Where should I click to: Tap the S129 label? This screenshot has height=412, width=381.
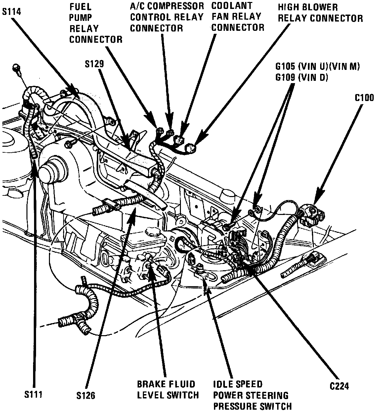click(x=94, y=64)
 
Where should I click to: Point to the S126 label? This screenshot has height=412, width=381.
click(x=85, y=395)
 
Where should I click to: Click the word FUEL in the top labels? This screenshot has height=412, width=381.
click(x=80, y=6)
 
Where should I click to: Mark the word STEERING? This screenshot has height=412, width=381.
click(x=268, y=395)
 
